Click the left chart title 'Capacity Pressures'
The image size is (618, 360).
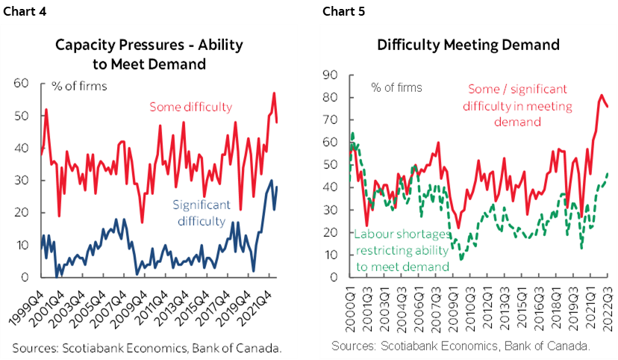(x=149, y=46)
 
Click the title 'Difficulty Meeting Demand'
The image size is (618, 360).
(x=468, y=45)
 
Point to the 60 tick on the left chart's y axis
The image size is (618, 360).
(x=22, y=84)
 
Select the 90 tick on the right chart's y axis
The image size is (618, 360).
(x=330, y=75)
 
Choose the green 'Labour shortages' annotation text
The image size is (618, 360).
(x=402, y=250)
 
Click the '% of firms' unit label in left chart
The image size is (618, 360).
(x=78, y=86)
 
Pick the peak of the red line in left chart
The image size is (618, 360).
(x=274, y=93)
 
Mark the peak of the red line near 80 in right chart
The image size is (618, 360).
(x=602, y=96)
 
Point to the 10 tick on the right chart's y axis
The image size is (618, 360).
(x=330, y=255)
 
